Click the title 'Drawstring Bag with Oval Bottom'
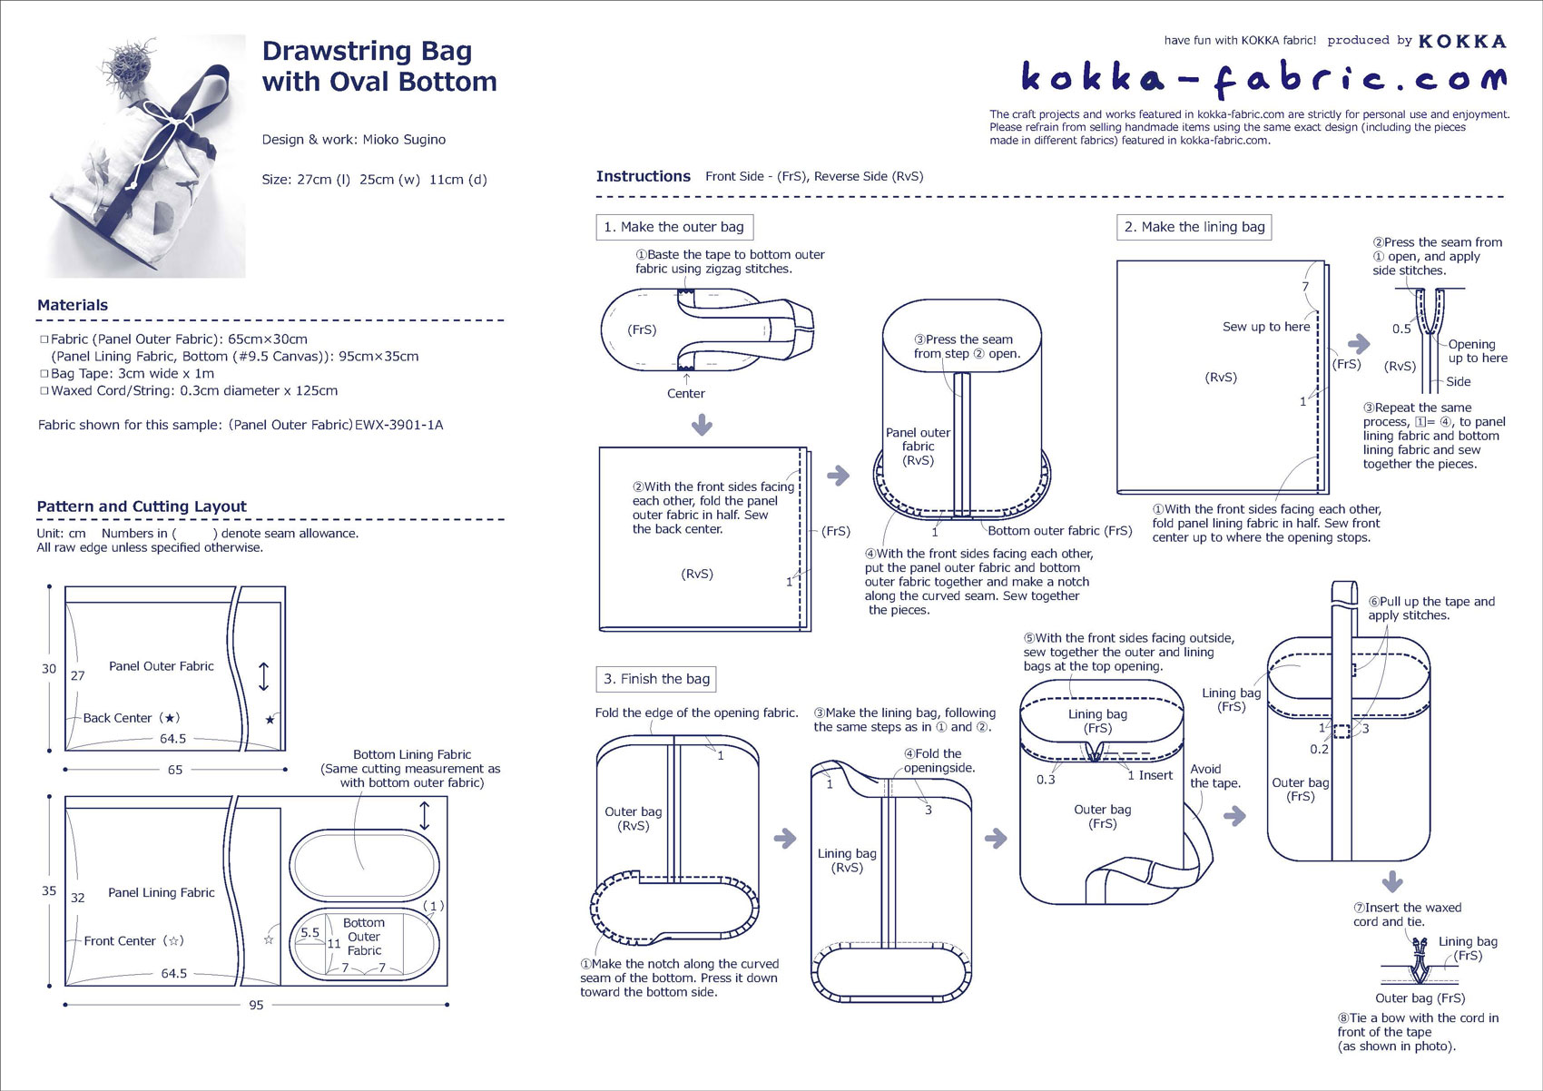pos(379,66)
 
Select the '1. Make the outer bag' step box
pos(674,227)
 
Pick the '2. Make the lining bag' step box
pos(1194,227)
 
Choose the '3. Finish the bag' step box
pos(657,679)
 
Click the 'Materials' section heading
pos(73,306)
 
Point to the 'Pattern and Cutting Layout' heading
pos(142,506)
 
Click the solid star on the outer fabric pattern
pos(270,720)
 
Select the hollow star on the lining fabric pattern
pos(269,939)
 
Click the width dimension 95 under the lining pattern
pos(256,1006)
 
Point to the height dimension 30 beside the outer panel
pos(49,669)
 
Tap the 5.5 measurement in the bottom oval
pos(310,932)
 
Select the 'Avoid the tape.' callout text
pos(1215,776)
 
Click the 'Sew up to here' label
pos(1266,327)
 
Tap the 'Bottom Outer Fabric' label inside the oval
pos(364,937)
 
